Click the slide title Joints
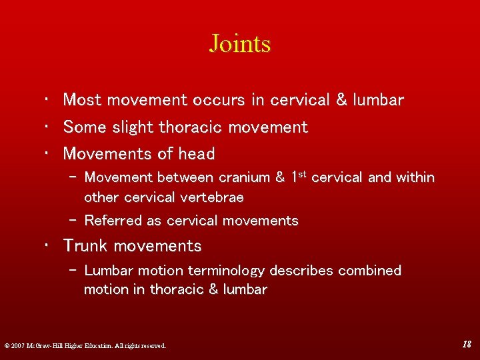tap(240, 44)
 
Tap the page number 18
tap(467, 344)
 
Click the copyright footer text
tap(85, 345)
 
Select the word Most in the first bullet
tap(82, 100)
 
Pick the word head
tap(197, 153)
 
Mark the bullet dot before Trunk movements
tap(48, 247)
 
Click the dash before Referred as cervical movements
tap(73, 221)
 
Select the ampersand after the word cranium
tap(281, 178)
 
